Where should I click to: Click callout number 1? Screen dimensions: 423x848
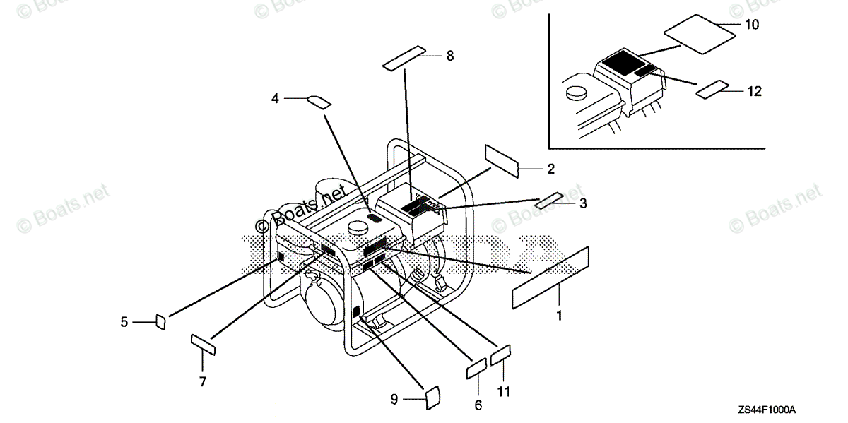coord(559,316)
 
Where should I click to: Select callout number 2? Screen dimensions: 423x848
coord(550,169)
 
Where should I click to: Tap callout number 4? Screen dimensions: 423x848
coord(276,99)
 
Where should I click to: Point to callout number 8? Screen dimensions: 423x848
coord(450,56)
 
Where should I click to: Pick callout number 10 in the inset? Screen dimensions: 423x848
coord(752,25)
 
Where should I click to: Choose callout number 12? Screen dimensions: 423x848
coord(755,91)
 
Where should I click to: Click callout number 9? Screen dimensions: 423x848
coord(394,400)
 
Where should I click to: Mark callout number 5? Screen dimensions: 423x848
coord(124,322)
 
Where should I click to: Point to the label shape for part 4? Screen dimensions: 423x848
coord(318,102)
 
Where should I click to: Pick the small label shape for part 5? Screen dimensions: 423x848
coord(160,323)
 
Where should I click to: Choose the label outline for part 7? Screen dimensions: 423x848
coord(203,345)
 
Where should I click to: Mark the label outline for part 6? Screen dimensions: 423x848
coord(476,369)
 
